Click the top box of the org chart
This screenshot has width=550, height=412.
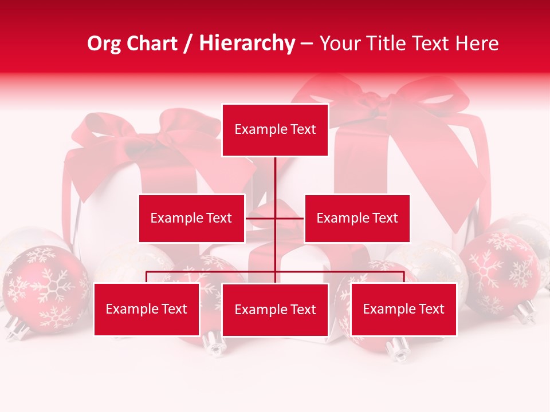pyautogui.click(x=275, y=130)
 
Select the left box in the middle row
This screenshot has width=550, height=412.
pyautogui.click(x=191, y=218)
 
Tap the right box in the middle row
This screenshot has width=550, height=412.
pyautogui.click(x=357, y=218)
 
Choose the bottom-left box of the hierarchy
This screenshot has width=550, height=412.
pyautogui.click(x=147, y=309)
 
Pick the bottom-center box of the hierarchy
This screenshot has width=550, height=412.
pyautogui.click(x=275, y=310)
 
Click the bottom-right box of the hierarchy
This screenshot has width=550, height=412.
pyautogui.click(x=403, y=309)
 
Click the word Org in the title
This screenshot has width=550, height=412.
pyautogui.click(x=104, y=43)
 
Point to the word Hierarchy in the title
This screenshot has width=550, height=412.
pyautogui.click(x=247, y=43)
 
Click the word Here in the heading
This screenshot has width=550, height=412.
pyautogui.click(x=477, y=43)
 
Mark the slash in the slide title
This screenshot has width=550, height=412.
pyautogui.click(x=187, y=44)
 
